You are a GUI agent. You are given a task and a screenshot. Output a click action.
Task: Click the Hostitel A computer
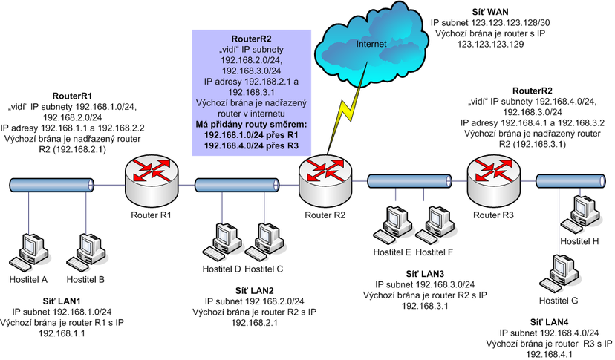point(30,252)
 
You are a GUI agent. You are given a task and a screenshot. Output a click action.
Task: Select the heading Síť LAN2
point(255,290)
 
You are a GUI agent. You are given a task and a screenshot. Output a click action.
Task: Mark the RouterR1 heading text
point(72,96)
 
